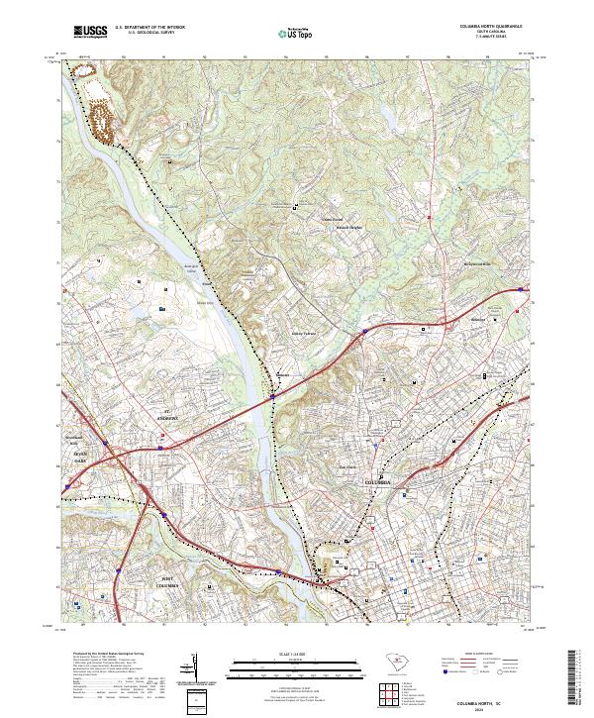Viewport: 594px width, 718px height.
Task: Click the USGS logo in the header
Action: pos(90,31)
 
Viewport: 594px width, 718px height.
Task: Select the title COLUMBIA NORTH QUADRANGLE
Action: pos(489,25)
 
